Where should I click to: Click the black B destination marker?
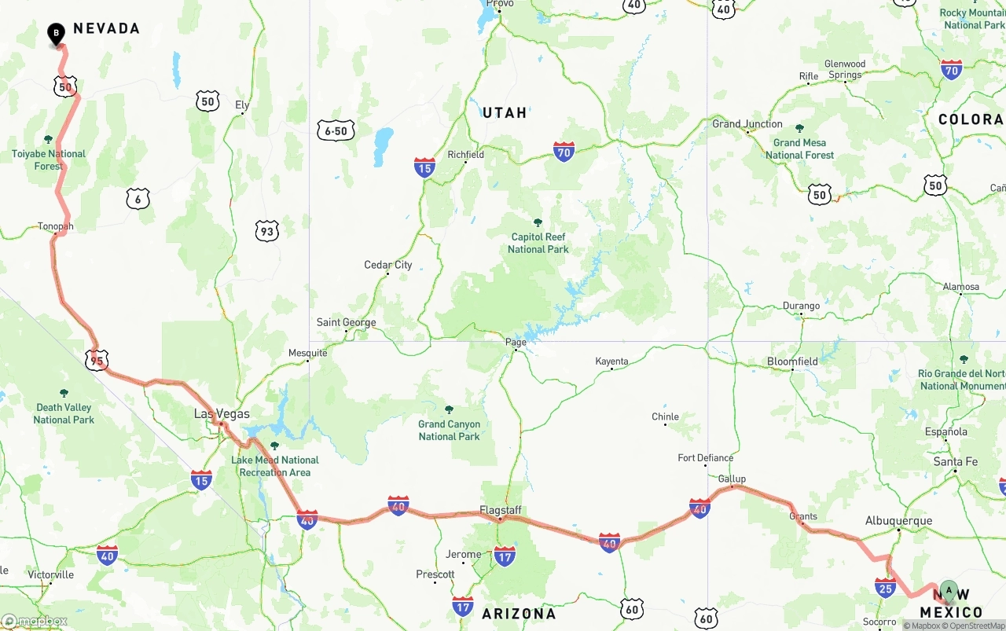pyautogui.click(x=56, y=34)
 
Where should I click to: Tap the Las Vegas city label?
pyautogui.click(x=222, y=413)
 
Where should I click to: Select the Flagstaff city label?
pyautogui.click(x=501, y=509)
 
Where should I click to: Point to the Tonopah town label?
pyautogui.click(x=55, y=226)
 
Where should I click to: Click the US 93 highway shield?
pyautogui.click(x=267, y=230)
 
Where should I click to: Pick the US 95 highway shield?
pyautogui.click(x=96, y=361)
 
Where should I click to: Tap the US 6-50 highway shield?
pyautogui.click(x=336, y=130)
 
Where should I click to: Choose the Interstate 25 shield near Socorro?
pyautogui.click(x=885, y=586)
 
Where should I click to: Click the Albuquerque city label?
pyautogui.click(x=898, y=520)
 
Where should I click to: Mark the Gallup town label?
pyautogui.click(x=732, y=479)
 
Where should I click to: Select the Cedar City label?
pyautogui.click(x=388, y=265)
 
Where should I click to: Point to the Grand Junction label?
pyautogui.click(x=747, y=123)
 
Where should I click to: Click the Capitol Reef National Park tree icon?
pyautogui.click(x=538, y=223)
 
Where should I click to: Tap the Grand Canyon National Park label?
pyautogui.click(x=449, y=430)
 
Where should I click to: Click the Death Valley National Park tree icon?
pyautogui.click(x=64, y=393)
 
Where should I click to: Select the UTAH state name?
pyautogui.click(x=505, y=112)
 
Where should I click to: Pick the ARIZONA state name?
pyautogui.click(x=519, y=613)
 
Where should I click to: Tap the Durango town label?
pyautogui.click(x=801, y=306)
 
